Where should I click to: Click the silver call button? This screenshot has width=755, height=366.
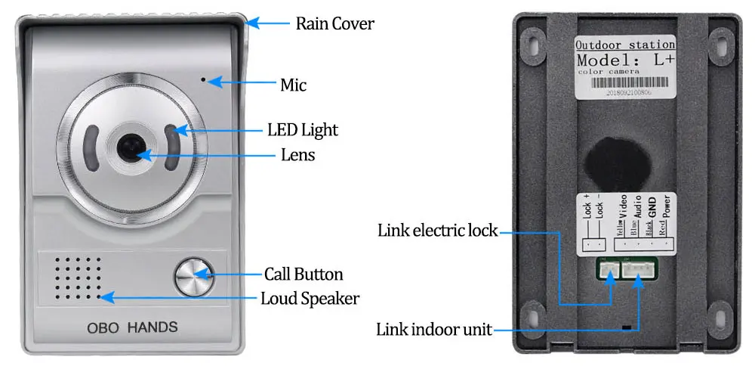point(194,278)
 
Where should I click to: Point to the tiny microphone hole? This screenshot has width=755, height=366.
point(202,78)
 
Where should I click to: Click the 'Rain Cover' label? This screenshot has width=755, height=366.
point(334,23)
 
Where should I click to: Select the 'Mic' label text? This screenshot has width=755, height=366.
point(293,85)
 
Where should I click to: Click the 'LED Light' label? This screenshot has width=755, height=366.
point(302,129)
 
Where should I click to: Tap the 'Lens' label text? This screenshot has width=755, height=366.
point(297,155)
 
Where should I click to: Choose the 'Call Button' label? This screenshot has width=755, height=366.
point(304,274)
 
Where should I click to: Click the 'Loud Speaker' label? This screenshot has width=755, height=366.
point(310,298)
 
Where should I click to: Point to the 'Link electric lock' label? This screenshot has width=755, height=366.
point(437,229)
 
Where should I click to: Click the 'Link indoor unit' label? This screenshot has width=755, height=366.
point(434,330)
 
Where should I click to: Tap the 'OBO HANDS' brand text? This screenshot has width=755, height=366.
point(133,327)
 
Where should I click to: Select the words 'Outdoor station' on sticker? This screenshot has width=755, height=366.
point(613,44)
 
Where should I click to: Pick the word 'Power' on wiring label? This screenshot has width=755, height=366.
point(666,206)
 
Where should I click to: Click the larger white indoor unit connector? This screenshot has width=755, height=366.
point(639,267)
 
